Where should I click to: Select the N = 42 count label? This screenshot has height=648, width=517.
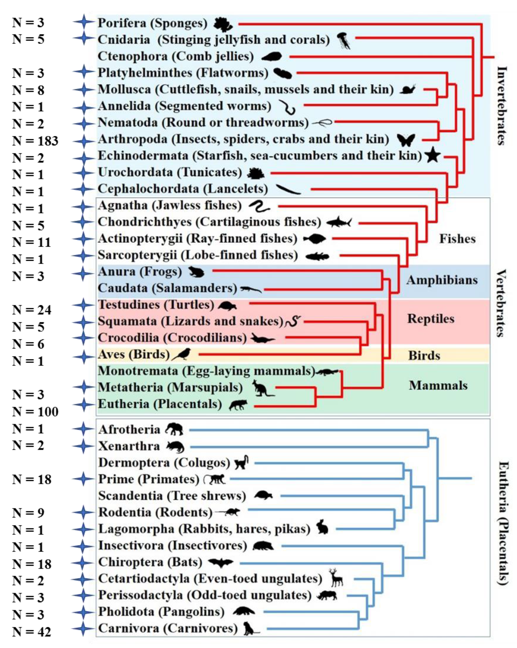32,632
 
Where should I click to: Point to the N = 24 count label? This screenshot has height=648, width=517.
32,310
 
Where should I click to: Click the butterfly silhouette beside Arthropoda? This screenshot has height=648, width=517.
406,140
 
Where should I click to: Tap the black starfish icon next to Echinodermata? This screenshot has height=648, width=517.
433,155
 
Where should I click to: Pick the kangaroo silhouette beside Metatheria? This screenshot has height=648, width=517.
262,388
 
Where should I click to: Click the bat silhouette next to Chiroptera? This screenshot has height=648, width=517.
221,562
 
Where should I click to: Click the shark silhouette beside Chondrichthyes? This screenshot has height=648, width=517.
339,222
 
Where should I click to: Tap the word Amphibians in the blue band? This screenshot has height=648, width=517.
442,280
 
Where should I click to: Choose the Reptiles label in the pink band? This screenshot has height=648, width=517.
431,319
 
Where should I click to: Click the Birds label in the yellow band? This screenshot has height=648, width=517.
424,356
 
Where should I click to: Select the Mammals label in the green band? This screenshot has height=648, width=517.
438,385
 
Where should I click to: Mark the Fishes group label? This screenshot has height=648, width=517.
457,239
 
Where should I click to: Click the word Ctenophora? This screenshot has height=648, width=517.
132,56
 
